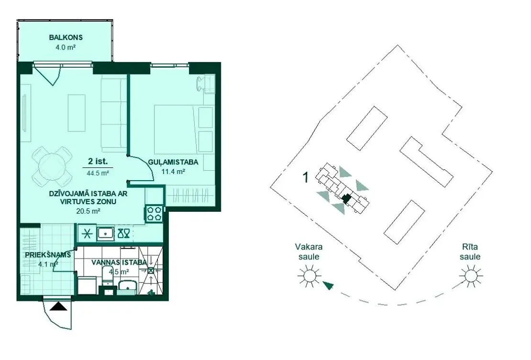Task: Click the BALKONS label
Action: [x=66, y=38]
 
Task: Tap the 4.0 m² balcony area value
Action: [x=66, y=47]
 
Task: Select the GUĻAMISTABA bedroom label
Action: [x=173, y=163]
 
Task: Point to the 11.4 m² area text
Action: [x=173, y=171]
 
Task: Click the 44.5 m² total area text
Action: [x=98, y=173]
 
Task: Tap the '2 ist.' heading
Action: [x=98, y=162]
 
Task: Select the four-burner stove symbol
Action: [x=155, y=214]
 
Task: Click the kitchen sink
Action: [x=106, y=233]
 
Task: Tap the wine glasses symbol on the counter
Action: [x=123, y=233]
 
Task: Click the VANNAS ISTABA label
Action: [x=119, y=262]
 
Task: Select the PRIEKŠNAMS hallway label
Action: [x=48, y=255]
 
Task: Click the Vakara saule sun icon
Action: [x=309, y=276]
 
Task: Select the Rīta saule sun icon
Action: [x=470, y=276]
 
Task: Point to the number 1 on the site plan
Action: [x=306, y=177]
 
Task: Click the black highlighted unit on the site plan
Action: [x=346, y=198]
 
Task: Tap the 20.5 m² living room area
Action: [x=88, y=211]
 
